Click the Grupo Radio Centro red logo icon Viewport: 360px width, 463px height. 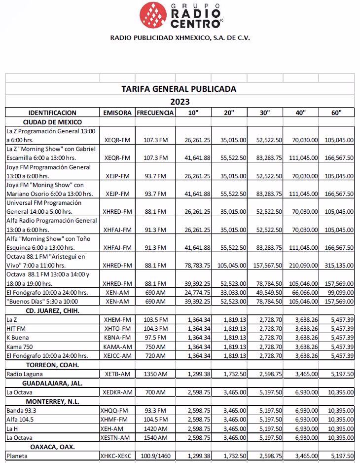point(153,15)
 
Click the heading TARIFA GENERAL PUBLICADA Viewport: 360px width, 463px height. point(179,89)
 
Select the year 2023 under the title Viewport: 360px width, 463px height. point(180,102)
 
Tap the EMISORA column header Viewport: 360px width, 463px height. point(117,113)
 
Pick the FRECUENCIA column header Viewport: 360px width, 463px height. point(155,113)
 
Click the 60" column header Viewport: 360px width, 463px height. point(337,113)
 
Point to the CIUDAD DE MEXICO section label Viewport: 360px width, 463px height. point(52,122)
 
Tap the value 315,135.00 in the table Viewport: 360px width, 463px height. point(339,265)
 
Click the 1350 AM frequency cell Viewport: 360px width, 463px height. point(155,374)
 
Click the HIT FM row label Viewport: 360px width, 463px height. point(15,329)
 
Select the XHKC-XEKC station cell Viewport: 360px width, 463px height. point(116,456)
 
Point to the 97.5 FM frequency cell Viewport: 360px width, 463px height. point(155,338)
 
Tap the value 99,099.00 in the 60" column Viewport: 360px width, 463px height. point(339,292)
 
